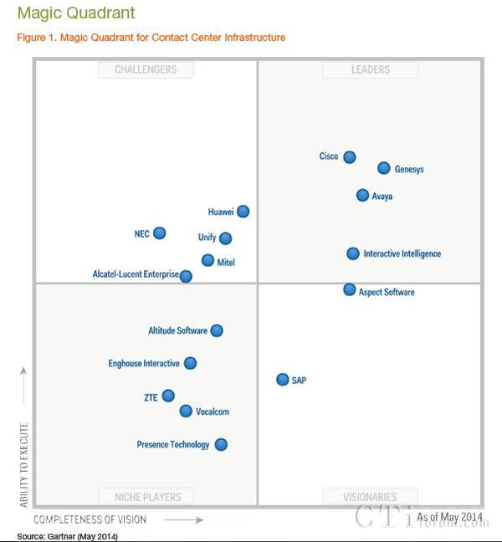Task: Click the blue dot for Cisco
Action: (x=350, y=157)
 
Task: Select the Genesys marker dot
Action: (x=384, y=168)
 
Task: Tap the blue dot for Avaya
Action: (x=362, y=195)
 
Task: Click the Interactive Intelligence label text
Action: (x=402, y=254)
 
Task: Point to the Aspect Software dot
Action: (x=350, y=289)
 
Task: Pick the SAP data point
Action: (x=283, y=380)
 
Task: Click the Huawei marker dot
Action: (x=243, y=212)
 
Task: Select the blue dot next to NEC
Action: (x=159, y=233)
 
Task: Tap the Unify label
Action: (x=207, y=238)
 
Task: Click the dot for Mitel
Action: (x=207, y=260)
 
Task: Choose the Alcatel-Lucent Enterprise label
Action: (x=135, y=274)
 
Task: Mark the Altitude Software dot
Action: (x=217, y=330)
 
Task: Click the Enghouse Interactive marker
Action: (x=190, y=363)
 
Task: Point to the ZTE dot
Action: (x=168, y=396)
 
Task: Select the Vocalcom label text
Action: (x=212, y=412)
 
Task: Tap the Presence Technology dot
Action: (x=221, y=444)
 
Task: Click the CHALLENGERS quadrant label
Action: (x=146, y=70)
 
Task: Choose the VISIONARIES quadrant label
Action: (x=370, y=497)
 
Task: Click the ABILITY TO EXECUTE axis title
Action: (x=24, y=465)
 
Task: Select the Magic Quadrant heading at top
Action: (x=75, y=13)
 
